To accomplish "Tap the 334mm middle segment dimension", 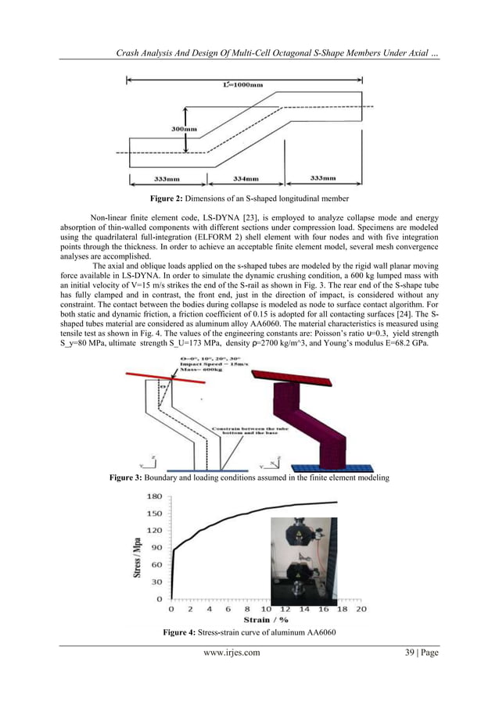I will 246,178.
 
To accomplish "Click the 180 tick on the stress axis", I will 154,497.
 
